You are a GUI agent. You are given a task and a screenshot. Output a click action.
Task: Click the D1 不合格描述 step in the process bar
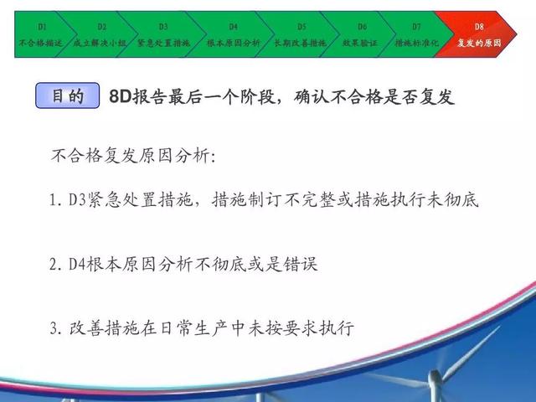pyautogui.click(x=38, y=34)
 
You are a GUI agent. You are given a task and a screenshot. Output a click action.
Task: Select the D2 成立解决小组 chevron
pyautogui.click(x=99, y=34)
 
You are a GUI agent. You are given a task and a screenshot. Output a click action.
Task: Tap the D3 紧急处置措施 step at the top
pyautogui.click(x=163, y=34)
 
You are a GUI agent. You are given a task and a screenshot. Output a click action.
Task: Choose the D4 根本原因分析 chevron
pyautogui.click(x=233, y=34)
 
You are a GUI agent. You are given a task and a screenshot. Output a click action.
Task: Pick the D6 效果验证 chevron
pyautogui.click(x=361, y=34)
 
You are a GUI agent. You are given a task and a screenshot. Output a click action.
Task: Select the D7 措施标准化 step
pyautogui.click(x=416, y=34)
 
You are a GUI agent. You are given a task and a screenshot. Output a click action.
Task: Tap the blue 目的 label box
pyautogui.click(x=67, y=95)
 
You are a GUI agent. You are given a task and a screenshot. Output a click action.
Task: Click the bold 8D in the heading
pyautogui.click(x=121, y=97)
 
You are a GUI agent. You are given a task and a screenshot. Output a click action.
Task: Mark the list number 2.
pyautogui.click(x=54, y=265)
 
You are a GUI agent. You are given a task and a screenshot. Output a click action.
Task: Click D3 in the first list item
pyautogui.click(x=77, y=200)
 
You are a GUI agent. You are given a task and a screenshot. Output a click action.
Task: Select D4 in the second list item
pyautogui.click(x=77, y=265)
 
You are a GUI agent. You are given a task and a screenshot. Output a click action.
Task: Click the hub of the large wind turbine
pyautogui.click(x=434, y=377)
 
